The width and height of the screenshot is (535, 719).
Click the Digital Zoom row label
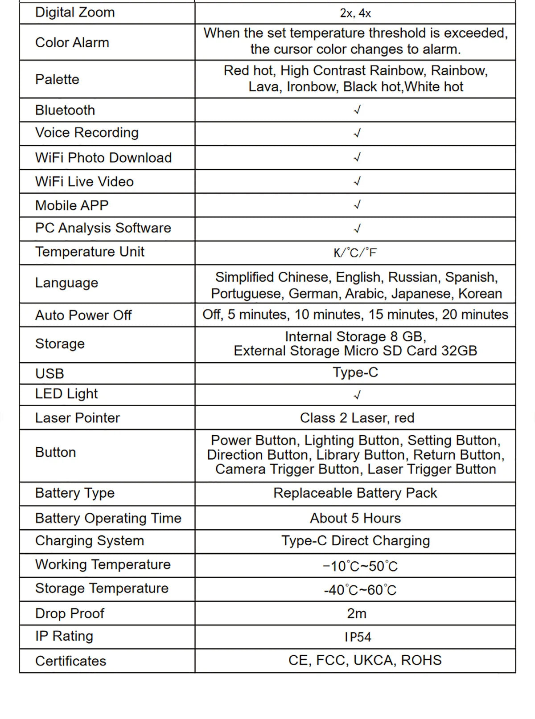tap(75, 12)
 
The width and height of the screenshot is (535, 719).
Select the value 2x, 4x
tap(355, 13)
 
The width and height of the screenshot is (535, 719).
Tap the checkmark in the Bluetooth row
tap(357, 110)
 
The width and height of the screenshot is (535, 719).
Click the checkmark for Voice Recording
tap(357, 133)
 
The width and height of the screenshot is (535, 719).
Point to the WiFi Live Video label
tap(84, 182)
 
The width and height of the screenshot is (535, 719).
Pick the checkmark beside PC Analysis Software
tap(357, 229)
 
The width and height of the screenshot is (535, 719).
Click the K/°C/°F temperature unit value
tap(355, 253)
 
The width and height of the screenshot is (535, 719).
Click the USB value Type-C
tap(355, 372)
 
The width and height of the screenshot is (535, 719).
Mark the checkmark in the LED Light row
tap(357, 395)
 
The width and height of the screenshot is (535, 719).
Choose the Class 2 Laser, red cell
tap(357, 418)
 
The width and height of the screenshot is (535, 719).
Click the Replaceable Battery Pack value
tap(355, 493)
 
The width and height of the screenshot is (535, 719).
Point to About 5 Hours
tap(355, 518)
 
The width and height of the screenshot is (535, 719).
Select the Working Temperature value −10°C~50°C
tap(360, 566)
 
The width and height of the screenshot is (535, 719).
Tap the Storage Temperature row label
tap(102, 588)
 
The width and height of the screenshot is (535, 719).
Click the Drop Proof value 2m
tap(357, 613)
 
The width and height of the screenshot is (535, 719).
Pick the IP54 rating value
tap(358, 637)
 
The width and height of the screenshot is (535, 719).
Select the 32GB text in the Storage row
tap(459, 351)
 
